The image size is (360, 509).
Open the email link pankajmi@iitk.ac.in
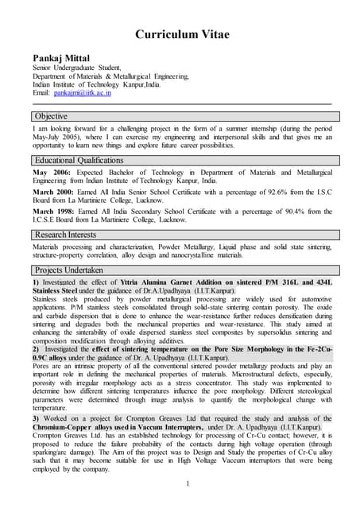(x=83, y=93)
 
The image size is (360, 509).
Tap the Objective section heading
(x=51, y=116)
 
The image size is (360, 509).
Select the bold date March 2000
(x=54, y=192)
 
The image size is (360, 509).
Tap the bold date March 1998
(x=54, y=211)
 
